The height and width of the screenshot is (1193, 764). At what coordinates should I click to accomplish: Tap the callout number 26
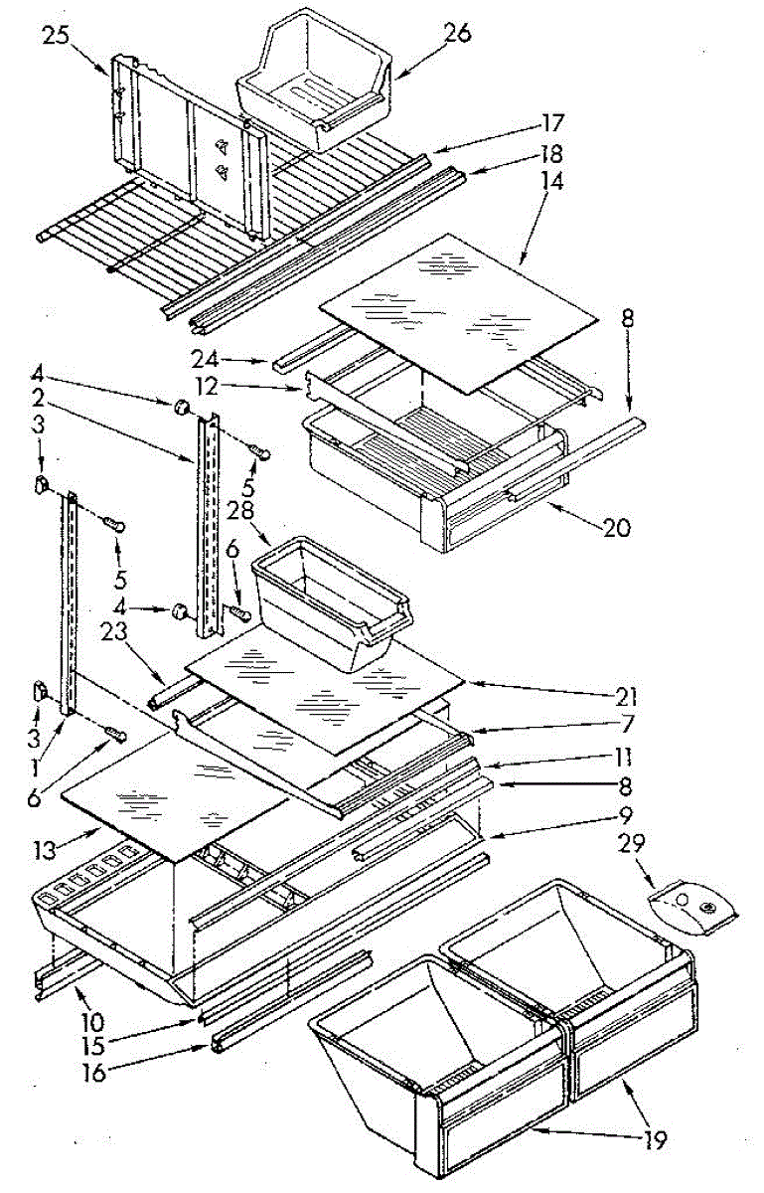point(458,32)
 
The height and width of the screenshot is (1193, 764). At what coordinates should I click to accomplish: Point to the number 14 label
point(551,182)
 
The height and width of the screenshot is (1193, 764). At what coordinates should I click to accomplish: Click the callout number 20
point(616,529)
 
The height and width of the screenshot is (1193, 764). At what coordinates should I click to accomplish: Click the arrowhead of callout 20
point(547,507)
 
